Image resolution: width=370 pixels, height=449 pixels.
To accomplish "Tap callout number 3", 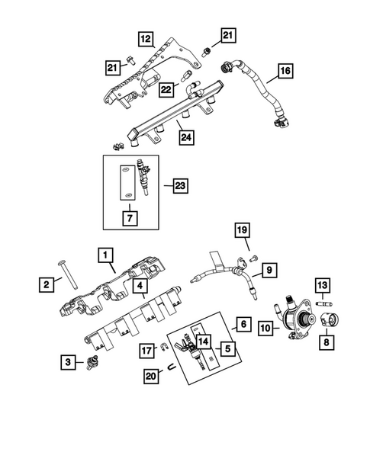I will tap(69, 362).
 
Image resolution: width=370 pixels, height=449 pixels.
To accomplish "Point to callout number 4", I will tap(141, 287).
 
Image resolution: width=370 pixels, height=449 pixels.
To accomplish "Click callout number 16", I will tap(285, 72).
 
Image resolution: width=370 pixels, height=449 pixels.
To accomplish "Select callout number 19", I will tap(241, 232).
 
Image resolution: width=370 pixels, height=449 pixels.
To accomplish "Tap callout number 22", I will tap(167, 90).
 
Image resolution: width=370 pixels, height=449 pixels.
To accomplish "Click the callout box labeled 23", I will tap(179, 185).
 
